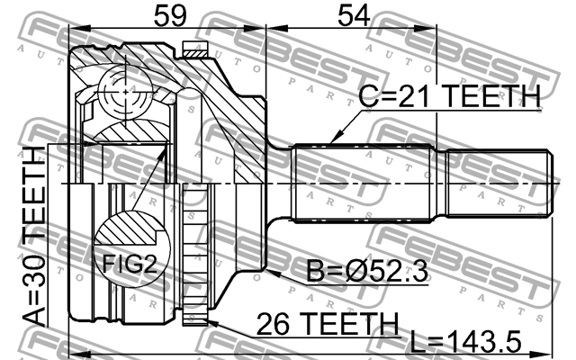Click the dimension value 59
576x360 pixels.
tap(170, 16)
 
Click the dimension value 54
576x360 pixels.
tap(354, 16)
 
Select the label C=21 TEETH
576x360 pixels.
tap(450, 96)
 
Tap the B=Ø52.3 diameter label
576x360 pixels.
tap(367, 271)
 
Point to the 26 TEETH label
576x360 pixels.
tap(328, 324)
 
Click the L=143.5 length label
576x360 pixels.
tap(465, 342)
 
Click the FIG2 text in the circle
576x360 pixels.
tap(130, 264)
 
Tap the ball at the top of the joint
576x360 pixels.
tap(126, 92)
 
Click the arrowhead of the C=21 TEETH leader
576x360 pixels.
tap(334, 139)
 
